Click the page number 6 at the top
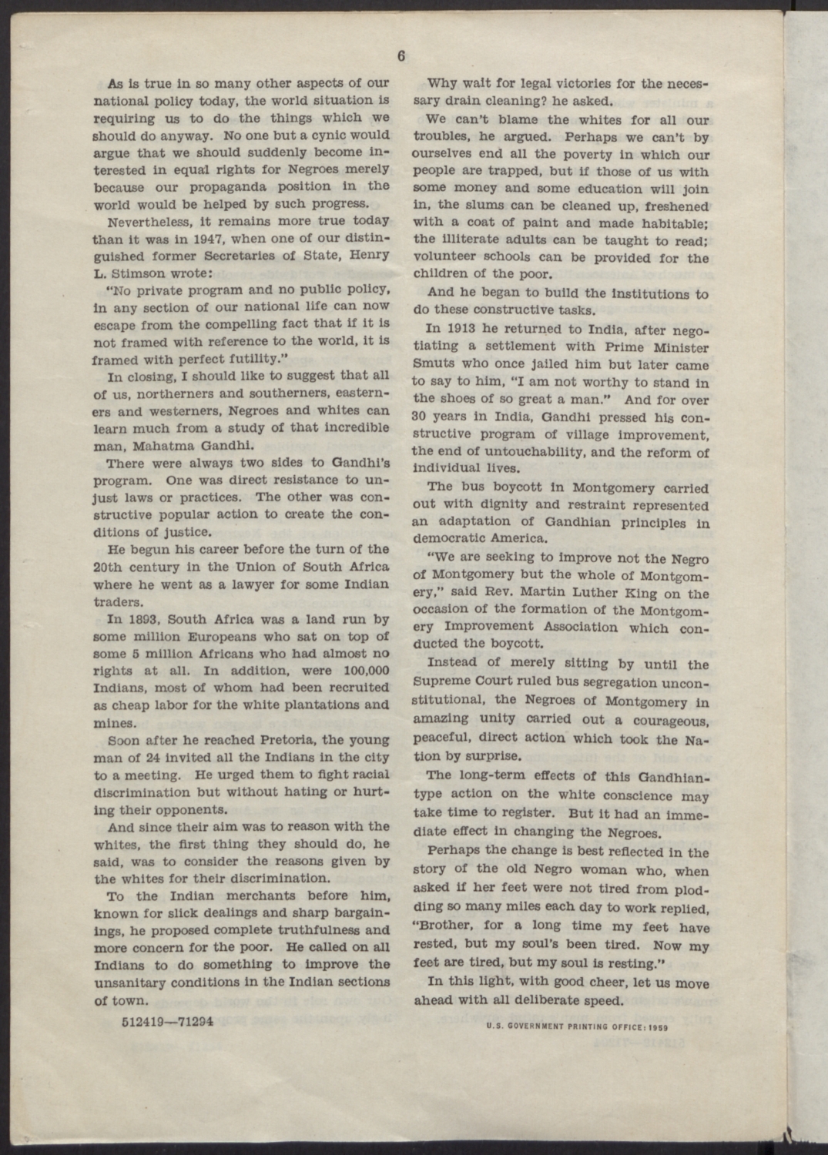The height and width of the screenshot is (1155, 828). point(402,55)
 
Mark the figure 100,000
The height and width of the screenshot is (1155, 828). point(360,670)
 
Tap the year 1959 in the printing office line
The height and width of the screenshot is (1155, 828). point(657,1026)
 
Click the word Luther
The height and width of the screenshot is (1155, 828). point(604,594)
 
